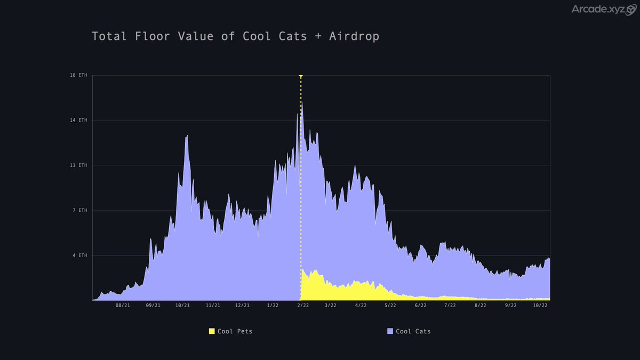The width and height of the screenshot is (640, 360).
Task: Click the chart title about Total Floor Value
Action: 235,36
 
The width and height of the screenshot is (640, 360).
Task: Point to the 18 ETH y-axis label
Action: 78,75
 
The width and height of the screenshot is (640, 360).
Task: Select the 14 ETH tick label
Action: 78,121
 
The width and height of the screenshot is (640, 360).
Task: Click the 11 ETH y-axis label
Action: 78,165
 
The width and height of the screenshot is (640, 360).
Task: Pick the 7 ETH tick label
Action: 79,211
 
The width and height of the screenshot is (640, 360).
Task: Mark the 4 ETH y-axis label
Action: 79,255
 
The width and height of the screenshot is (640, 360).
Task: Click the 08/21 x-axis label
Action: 123,306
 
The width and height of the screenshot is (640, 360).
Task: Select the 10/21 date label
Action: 182,306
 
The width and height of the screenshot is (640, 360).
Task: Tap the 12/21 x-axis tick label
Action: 243,306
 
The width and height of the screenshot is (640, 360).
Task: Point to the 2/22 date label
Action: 303,306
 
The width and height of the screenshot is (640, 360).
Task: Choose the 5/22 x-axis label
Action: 390,306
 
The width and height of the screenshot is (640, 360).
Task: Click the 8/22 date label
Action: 481,306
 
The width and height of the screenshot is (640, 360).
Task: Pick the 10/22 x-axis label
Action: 541,306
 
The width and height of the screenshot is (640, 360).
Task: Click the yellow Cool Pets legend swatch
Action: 212,331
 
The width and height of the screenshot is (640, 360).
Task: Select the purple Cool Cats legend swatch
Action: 390,331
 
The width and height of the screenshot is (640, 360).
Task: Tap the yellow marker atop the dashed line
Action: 301,77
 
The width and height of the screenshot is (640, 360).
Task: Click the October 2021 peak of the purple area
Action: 187,137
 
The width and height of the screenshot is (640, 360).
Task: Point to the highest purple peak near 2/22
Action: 301,103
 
